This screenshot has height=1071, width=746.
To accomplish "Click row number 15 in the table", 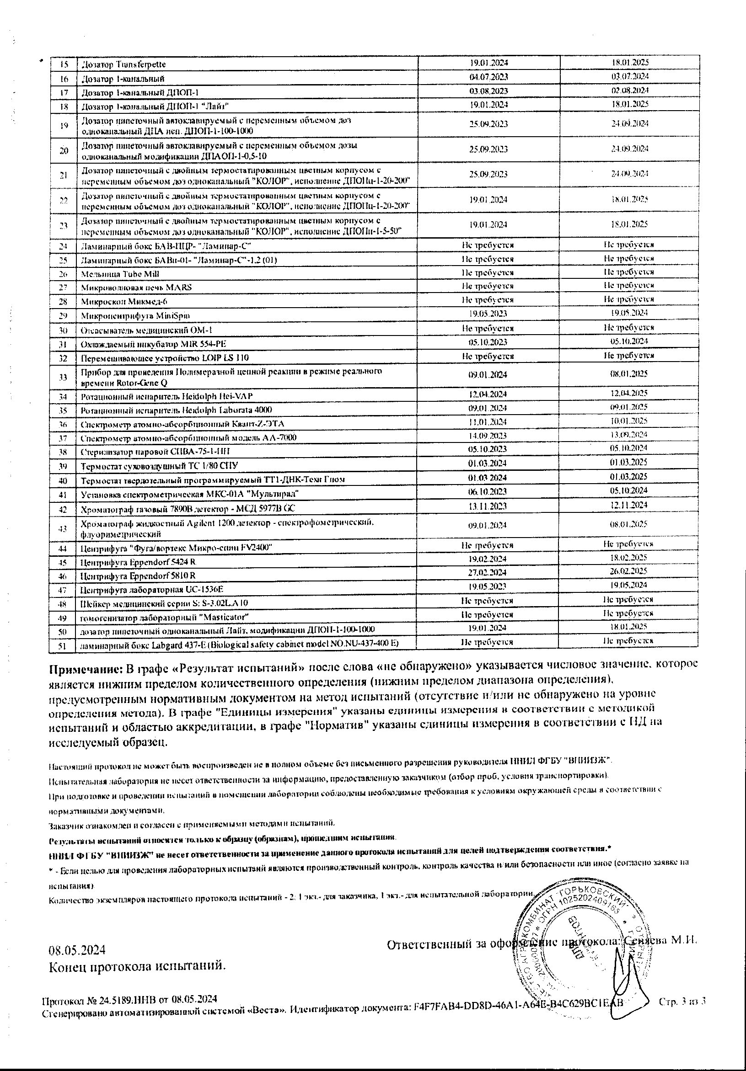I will click(64, 64).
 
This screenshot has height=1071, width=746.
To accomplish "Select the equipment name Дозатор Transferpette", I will click(123, 64).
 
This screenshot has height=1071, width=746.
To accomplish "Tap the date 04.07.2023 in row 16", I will click(488, 76).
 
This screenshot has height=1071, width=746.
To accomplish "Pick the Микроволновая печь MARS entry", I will click(136, 288).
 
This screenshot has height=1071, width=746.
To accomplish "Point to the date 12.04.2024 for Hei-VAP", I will click(488, 394).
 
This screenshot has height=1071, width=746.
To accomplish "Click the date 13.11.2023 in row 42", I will click(488, 506).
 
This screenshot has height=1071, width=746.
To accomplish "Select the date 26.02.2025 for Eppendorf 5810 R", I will click(629, 571).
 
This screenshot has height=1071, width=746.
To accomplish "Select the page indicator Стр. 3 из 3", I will click(682, 1002).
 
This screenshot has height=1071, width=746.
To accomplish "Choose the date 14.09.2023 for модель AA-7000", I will click(488, 436).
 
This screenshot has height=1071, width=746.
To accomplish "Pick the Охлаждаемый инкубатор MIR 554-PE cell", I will click(154, 344).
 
